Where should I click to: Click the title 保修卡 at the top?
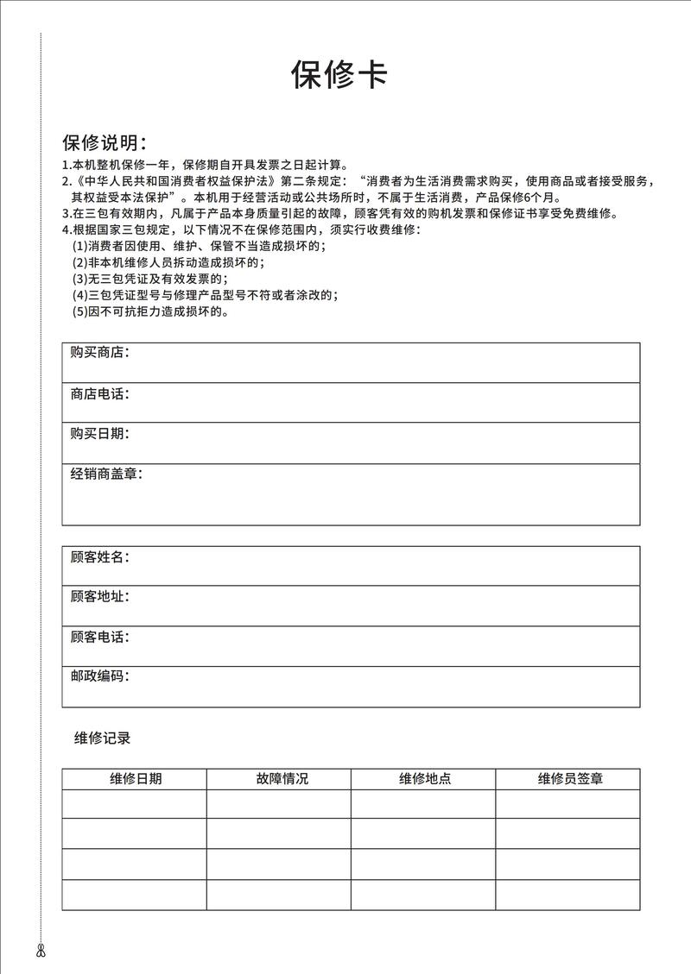(339, 76)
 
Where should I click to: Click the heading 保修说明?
(104, 142)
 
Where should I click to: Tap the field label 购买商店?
(99, 353)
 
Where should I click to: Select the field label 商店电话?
(99, 394)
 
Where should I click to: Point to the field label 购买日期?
(99, 434)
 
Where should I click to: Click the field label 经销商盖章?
(105, 474)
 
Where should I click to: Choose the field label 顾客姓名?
(99, 557)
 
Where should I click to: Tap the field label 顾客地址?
(99, 597)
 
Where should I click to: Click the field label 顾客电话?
(99, 638)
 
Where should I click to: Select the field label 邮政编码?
(99, 676)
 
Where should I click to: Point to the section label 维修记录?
(102, 738)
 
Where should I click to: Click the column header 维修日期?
(135, 779)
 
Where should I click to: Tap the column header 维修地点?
(424, 779)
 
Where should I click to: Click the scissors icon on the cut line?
(41, 952)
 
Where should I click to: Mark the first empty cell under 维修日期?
(135, 804)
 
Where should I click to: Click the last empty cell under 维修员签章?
(567, 895)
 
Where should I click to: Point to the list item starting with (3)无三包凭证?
(149, 280)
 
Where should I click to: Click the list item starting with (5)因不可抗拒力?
(149, 311)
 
